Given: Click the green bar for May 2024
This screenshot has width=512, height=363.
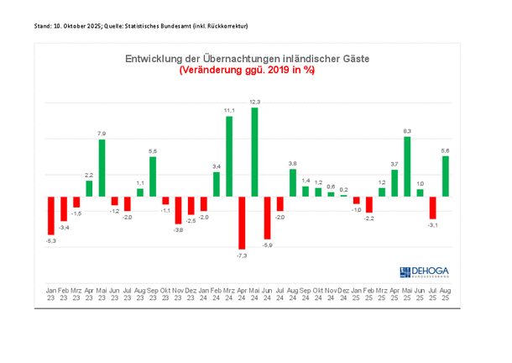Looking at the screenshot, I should pyautogui.click(x=254, y=152).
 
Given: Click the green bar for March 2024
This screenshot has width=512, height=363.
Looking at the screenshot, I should pyautogui.click(x=229, y=156).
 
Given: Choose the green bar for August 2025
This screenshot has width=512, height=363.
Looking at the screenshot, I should pyautogui.click(x=446, y=176).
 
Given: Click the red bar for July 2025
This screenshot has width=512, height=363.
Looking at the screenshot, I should pyautogui.click(x=433, y=207).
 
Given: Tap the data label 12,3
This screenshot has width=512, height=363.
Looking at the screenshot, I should pyautogui.click(x=255, y=103).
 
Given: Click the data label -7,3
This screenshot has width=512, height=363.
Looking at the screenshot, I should pyautogui.click(x=242, y=253).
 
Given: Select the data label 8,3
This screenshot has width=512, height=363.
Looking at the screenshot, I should pyautogui.click(x=407, y=131).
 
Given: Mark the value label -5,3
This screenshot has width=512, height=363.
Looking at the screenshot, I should pyautogui.click(x=51, y=241).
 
